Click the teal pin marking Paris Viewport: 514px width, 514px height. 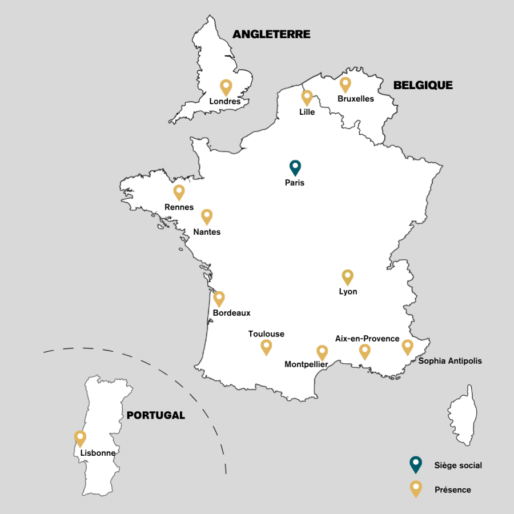click(x=295, y=167)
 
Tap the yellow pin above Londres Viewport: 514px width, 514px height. click(x=226, y=87)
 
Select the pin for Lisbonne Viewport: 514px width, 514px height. click(x=81, y=438)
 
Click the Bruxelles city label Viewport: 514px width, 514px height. click(x=355, y=99)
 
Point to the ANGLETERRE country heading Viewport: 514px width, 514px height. click(x=271, y=34)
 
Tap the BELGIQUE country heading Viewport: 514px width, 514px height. click(x=423, y=86)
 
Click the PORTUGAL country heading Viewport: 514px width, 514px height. click(x=156, y=415)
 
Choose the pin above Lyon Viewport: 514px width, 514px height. click(x=347, y=277)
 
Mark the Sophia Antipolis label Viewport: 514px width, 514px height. click(x=450, y=361)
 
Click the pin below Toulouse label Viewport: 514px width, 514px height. click(x=266, y=346)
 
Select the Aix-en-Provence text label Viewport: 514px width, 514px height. click(x=367, y=339)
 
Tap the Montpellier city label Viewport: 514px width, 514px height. click(x=306, y=364)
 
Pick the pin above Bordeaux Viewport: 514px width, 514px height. click(x=219, y=298)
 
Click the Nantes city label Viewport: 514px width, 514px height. click(x=207, y=232)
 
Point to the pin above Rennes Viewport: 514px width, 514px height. click(x=179, y=192)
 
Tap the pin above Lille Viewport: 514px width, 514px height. click(x=307, y=97)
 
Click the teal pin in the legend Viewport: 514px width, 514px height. click(x=416, y=464)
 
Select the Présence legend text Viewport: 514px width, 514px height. click(x=453, y=489)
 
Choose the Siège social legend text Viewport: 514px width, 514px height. click(x=458, y=465)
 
